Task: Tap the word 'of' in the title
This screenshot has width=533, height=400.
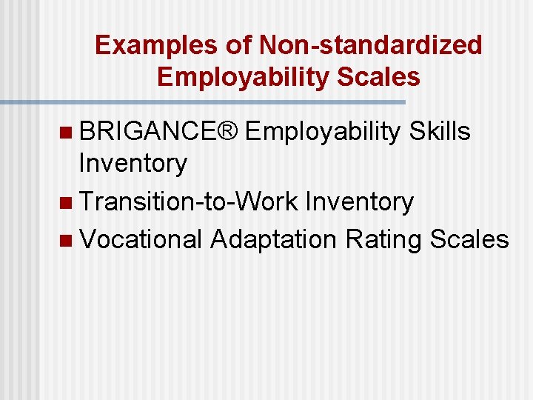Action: (239, 45)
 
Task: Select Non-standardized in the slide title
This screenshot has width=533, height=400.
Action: (371, 45)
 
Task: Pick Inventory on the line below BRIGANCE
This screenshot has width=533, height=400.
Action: (133, 164)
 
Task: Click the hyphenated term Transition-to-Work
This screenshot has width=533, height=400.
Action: (188, 201)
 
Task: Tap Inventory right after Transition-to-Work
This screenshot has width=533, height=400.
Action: (359, 201)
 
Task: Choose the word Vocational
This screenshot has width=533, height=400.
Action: (141, 239)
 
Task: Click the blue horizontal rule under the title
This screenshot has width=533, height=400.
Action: (203, 101)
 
